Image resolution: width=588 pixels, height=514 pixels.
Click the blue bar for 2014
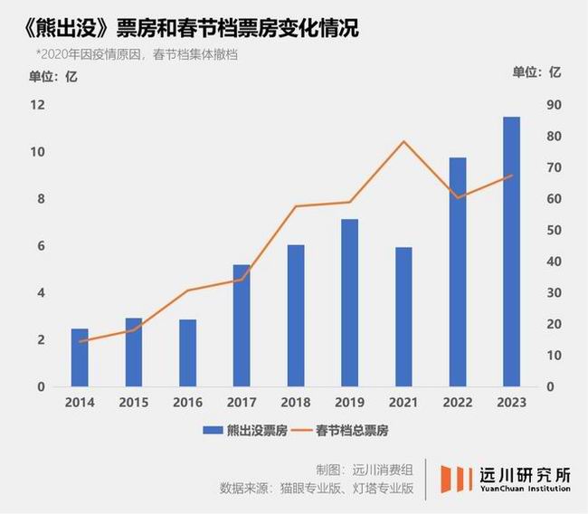[x=80, y=357]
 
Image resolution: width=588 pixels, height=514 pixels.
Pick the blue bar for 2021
[x=403, y=317]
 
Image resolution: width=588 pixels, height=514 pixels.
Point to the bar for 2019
[x=349, y=302]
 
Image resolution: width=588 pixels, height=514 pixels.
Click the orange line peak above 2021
[x=403, y=141]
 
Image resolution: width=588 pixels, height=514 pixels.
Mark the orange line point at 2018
[x=296, y=206]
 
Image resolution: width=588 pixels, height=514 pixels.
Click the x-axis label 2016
[x=188, y=402]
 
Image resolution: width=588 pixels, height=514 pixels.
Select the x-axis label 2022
[x=458, y=402]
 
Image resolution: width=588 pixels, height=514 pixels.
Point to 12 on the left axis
[x=37, y=105]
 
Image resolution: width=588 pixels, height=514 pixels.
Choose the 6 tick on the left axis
[x=41, y=246]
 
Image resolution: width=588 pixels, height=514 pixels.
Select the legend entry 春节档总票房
[x=345, y=431]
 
